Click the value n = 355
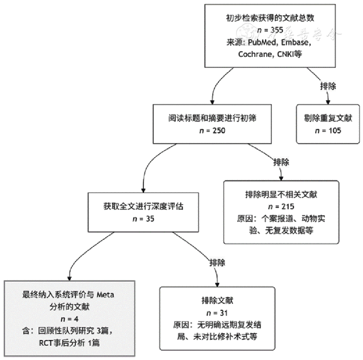coord(270,30)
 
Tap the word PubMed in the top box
coord(261,42)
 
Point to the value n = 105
coord(328,130)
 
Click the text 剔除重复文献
coord(328,119)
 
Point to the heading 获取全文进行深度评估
coord(143,207)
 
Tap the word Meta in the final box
coord(106,295)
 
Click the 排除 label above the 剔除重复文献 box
coord(328,86)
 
